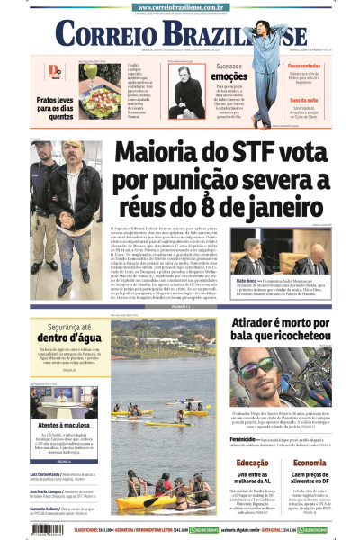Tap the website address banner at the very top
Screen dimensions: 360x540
pos(180,4)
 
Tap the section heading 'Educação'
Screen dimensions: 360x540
pos(252,463)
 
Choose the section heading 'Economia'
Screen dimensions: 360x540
pos(309,463)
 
